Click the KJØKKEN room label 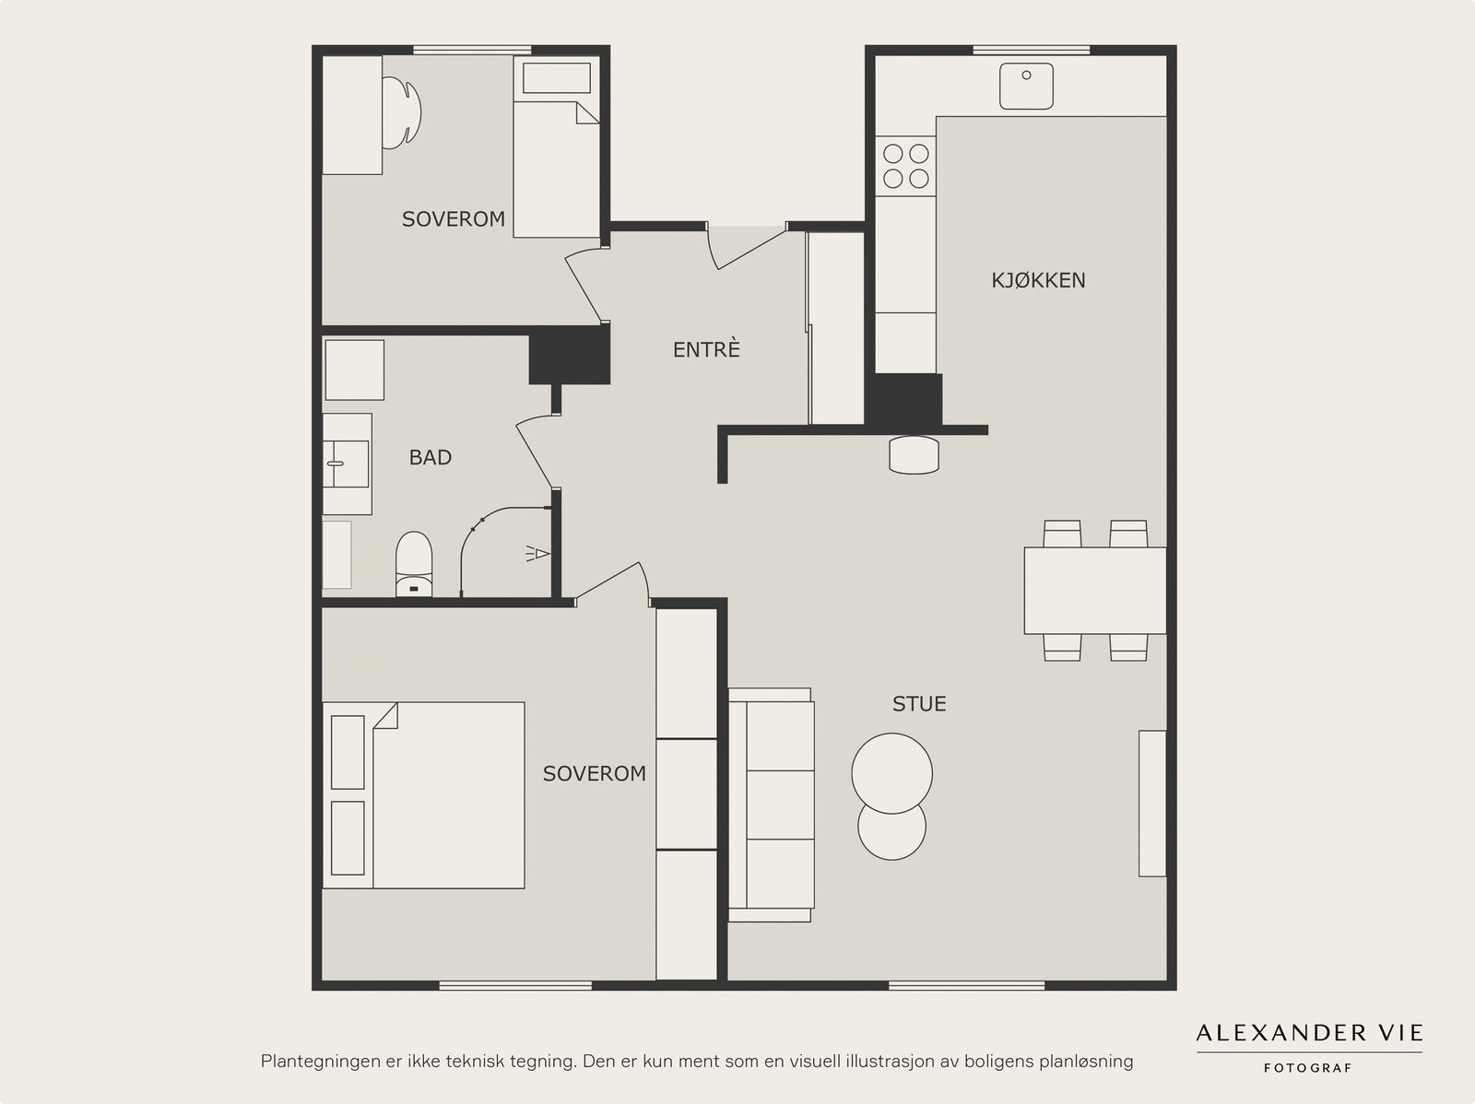[1038, 280]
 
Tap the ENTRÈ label [706, 349]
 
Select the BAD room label [431, 457]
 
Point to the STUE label [919, 704]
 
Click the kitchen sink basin [1026, 86]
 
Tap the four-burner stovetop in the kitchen [905, 166]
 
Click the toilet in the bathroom [413, 564]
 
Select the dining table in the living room [1095, 591]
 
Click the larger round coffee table [891, 773]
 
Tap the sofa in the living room [771, 805]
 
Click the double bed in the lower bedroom [423, 796]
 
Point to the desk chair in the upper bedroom [403, 112]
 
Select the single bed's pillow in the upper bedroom [557, 78]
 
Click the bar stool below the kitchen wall [914, 455]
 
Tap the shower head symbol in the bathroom [538, 553]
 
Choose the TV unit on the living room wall [1152, 804]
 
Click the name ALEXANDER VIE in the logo [1309, 1033]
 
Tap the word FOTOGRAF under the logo [1308, 1068]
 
